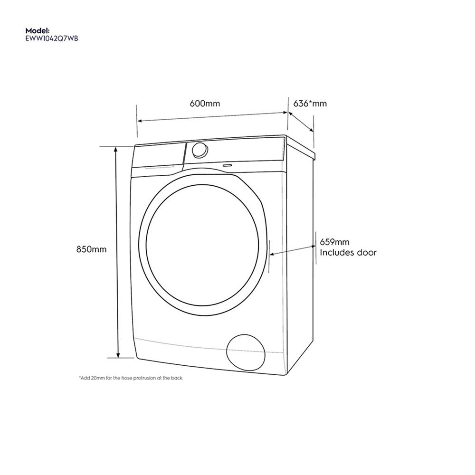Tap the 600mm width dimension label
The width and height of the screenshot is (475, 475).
point(205,103)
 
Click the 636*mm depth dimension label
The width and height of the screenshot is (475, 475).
point(310,103)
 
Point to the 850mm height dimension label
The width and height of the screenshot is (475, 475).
point(91,249)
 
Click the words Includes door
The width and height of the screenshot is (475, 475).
point(348,253)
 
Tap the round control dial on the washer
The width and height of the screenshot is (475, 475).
point(199,149)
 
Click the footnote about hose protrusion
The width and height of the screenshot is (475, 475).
point(131,378)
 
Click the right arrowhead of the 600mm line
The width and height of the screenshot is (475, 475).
point(286,113)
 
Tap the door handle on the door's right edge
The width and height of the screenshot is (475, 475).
point(268,256)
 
